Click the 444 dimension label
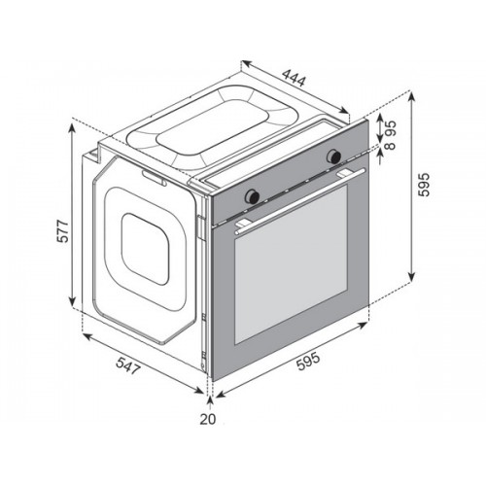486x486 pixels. (x=294, y=78)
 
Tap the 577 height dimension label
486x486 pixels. (x=62, y=231)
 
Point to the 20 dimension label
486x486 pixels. (x=208, y=419)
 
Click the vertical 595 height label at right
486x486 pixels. (x=424, y=185)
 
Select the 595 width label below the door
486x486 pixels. (x=308, y=361)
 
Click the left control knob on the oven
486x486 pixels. (x=252, y=195)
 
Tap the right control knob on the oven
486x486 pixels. (x=333, y=156)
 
